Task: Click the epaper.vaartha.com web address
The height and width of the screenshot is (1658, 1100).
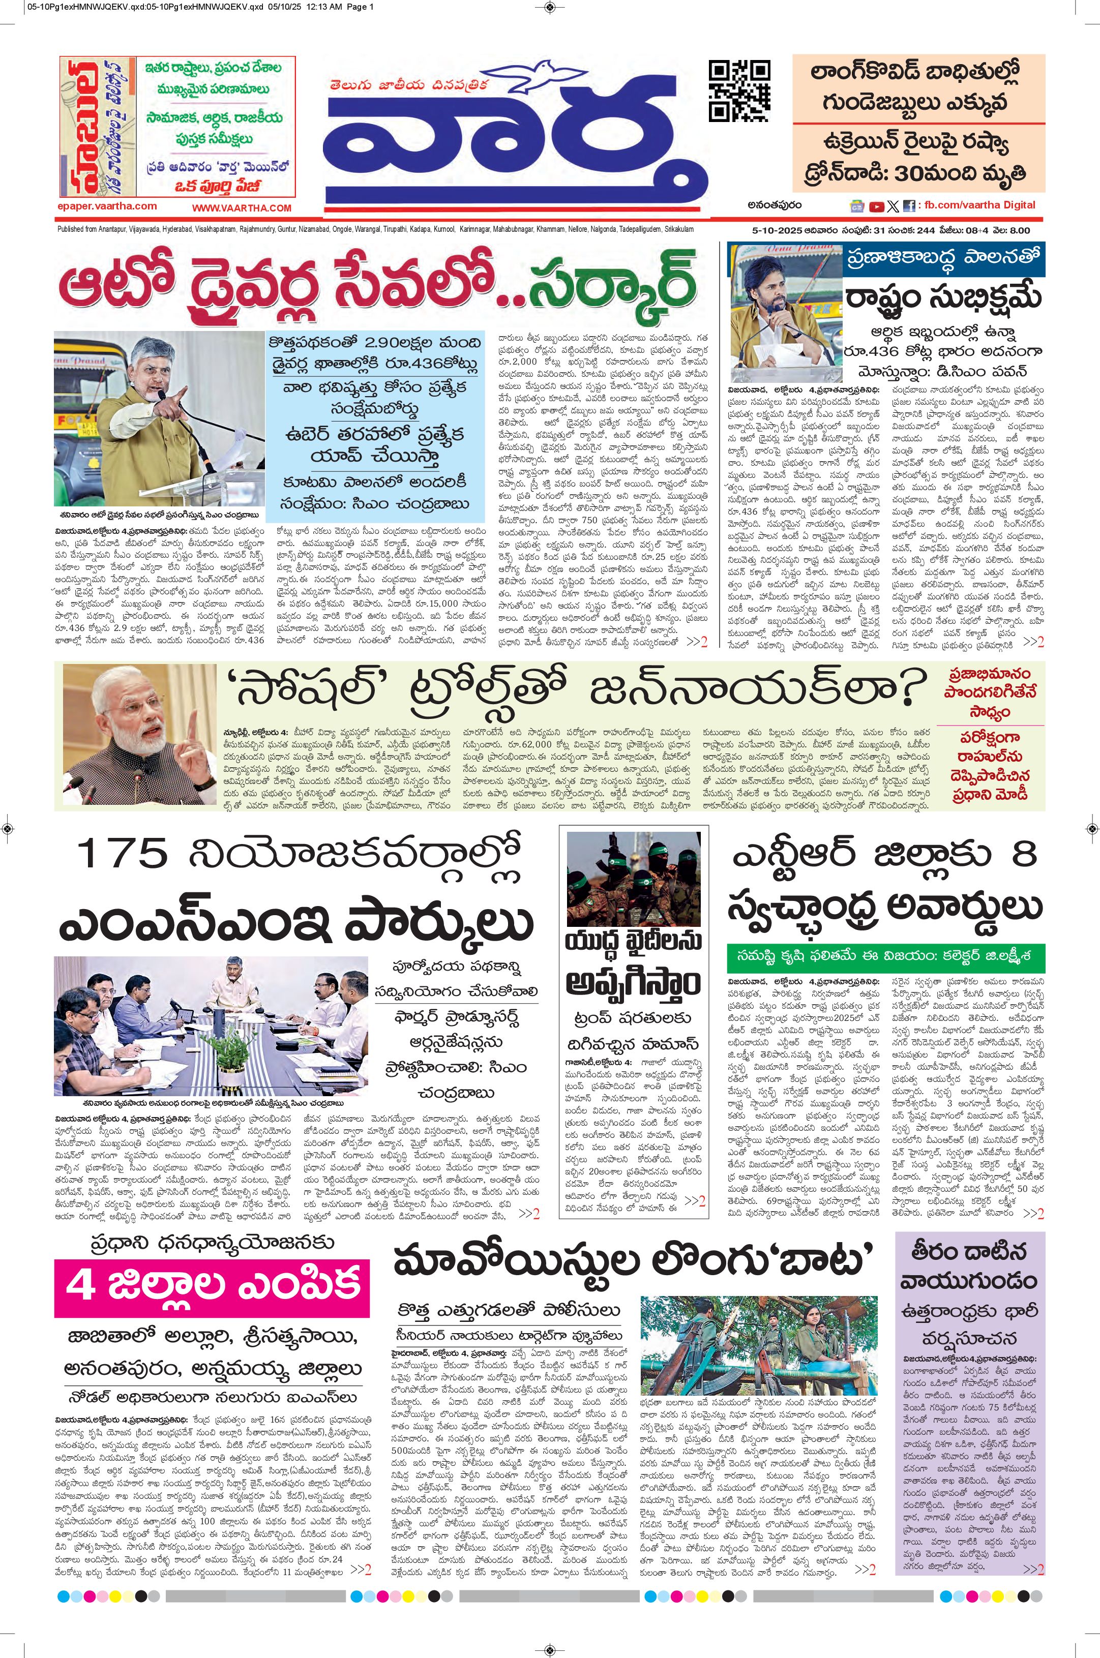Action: coord(107,206)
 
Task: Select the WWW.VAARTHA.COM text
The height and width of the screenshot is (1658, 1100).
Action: coord(242,207)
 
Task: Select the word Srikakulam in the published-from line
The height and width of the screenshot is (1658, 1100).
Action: coord(678,229)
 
